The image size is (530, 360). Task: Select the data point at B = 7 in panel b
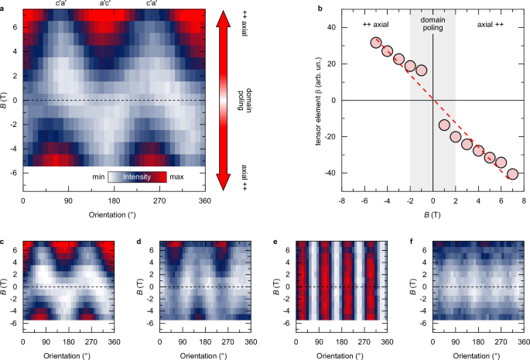(512, 173)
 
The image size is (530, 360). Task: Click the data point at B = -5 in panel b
(376, 43)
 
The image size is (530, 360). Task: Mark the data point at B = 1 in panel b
(444, 125)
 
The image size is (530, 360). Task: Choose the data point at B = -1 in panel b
(422, 70)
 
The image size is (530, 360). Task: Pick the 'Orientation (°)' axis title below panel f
(477, 355)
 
